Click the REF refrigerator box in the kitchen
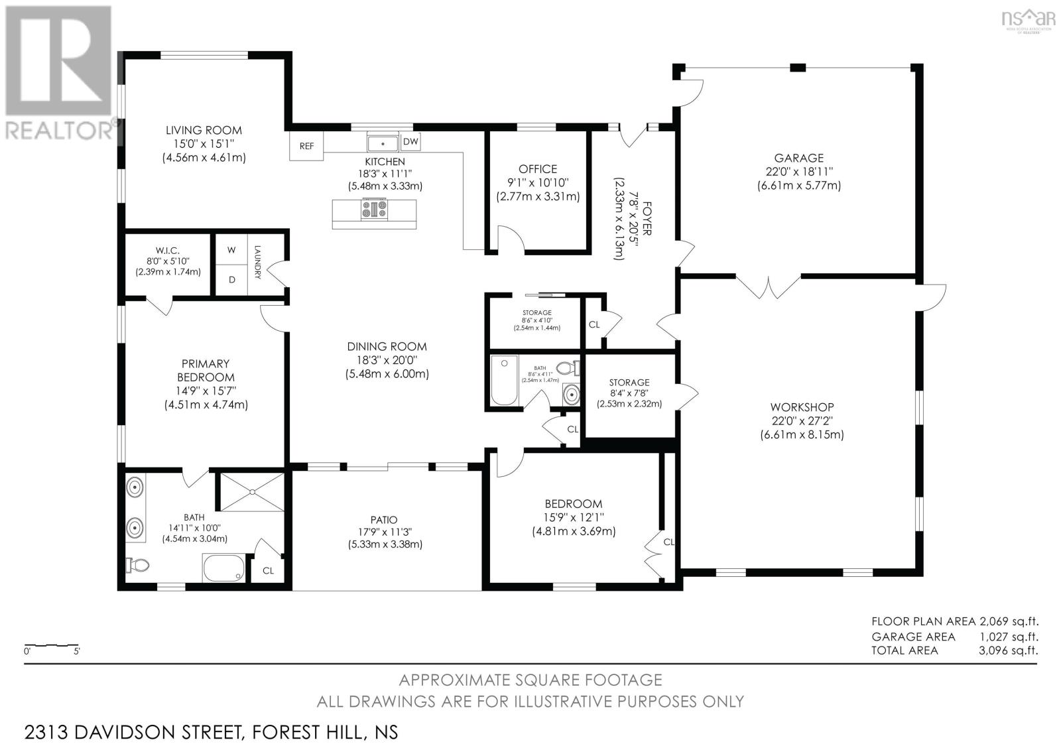306,146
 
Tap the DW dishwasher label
410,141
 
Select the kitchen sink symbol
383,142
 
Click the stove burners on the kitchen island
374,210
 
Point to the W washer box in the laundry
231,250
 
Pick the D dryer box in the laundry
231,280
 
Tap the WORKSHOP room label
802,407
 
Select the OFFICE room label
538,169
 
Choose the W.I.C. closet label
168,250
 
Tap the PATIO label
385,520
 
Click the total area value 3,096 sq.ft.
1008,651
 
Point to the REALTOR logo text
60,130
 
